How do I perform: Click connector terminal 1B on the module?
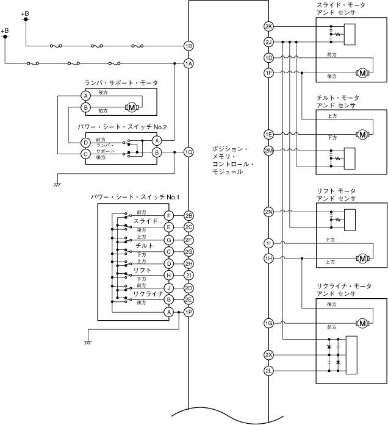click(189, 46)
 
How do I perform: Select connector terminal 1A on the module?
click(189, 63)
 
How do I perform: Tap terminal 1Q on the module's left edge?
click(189, 152)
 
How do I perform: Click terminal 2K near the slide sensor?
click(269, 27)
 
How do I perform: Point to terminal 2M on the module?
click(269, 151)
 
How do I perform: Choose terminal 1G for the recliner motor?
click(269, 323)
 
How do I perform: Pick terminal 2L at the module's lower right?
click(269, 371)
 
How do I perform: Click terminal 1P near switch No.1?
click(189, 312)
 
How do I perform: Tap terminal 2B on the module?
click(189, 215)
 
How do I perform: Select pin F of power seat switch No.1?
click(169, 215)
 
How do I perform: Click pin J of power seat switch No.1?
click(169, 288)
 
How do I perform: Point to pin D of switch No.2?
click(86, 142)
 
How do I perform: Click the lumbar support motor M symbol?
click(132, 108)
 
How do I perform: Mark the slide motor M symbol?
click(363, 73)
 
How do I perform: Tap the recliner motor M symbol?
click(363, 323)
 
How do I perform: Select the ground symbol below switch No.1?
click(88, 343)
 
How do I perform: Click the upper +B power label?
click(24, 13)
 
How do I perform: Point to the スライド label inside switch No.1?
click(145, 221)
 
